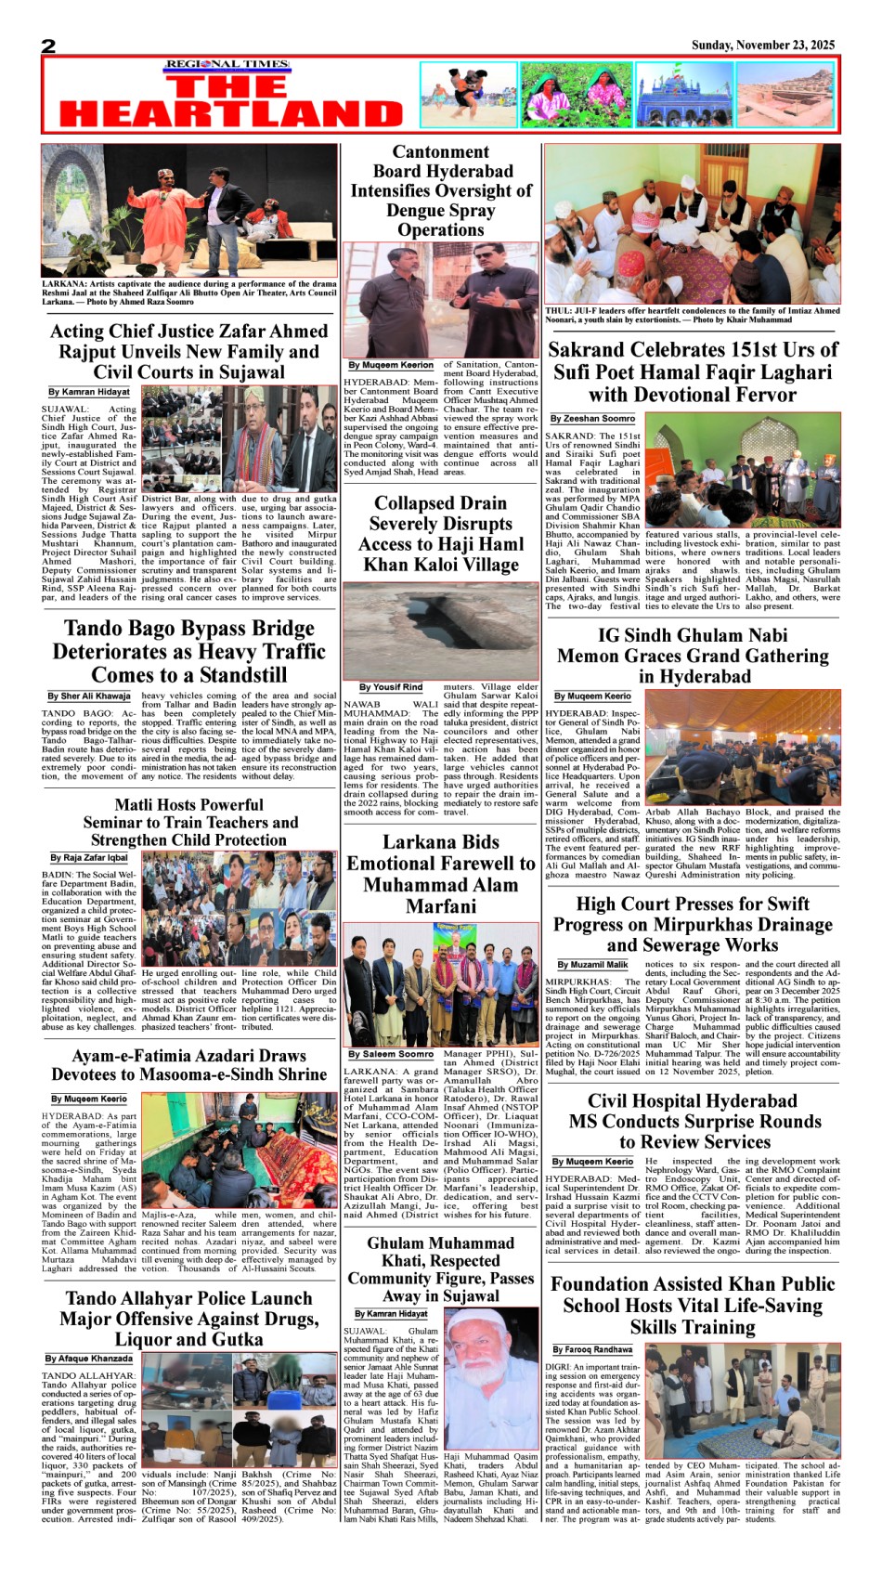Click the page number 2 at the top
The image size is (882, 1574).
point(48,46)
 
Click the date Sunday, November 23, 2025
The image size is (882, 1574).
point(762,45)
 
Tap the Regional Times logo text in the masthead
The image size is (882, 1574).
point(228,65)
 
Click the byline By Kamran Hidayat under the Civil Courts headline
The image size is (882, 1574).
point(89,392)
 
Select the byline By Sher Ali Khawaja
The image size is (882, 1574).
point(89,696)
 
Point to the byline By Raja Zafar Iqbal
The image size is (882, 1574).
point(89,857)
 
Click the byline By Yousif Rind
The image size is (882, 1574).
point(391,687)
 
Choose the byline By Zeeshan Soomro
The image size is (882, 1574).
point(592,419)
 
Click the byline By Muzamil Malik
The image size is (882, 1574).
point(592,965)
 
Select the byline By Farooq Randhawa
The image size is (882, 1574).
point(592,1349)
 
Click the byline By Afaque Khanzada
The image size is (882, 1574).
point(89,1359)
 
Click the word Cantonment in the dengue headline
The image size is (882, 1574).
point(440,151)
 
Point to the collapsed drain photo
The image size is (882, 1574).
point(440,631)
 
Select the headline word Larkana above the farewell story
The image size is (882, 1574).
point(398,842)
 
